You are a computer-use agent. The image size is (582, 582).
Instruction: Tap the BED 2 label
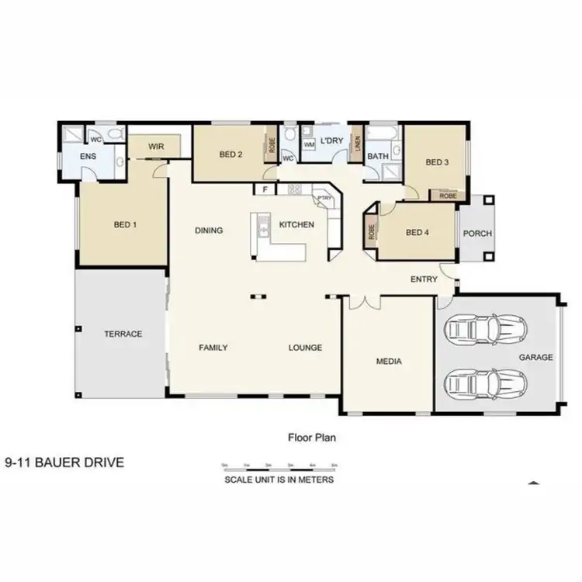tap(230, 154)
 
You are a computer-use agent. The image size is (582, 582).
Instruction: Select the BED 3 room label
tap(437, 162)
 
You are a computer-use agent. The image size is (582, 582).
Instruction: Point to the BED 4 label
tap(417, 232)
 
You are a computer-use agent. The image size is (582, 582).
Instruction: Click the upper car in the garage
tap(486, 329)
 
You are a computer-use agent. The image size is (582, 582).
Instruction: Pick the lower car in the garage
tap(486, 383)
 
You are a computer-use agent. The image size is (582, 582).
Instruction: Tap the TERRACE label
tap(123, 334)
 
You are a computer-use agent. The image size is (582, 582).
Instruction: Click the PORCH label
tap(477, 234)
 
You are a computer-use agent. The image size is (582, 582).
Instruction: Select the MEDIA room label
tap(389, 361)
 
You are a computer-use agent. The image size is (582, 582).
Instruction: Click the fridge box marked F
tap(265, 189)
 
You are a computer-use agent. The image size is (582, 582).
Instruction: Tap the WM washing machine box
tap(308, 144)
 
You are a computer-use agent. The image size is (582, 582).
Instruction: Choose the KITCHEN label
tap(296, 225)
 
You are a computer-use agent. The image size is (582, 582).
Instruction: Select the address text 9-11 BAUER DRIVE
tap(64, 463)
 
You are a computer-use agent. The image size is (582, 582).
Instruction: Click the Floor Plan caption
tap(310, 437)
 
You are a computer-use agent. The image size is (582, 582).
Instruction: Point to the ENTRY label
tap(424, 279)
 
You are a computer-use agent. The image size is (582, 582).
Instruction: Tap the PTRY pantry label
tap(324, 199)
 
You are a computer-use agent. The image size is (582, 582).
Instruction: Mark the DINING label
tap(209, 230)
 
